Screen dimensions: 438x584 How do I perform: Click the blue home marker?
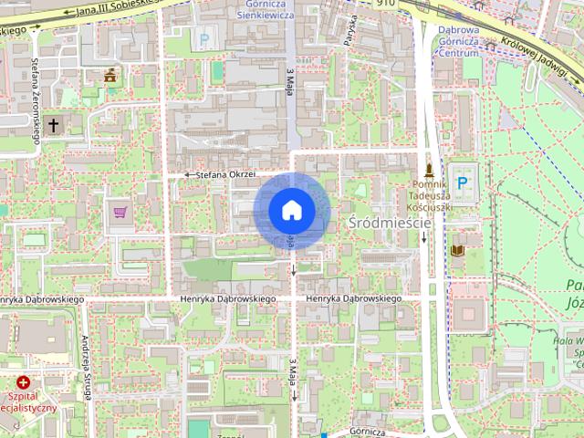point(291,211)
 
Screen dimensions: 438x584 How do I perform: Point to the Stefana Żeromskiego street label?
point(36,100)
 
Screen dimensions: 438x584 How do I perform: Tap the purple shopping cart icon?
point(120,213)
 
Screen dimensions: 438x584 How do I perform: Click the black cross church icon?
point(53,125)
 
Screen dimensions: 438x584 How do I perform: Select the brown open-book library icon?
point(457,250)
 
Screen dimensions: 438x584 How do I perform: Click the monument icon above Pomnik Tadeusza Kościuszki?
point(427,170)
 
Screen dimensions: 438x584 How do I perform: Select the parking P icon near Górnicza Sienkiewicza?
point(203,39)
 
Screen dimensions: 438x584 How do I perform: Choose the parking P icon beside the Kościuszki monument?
point(462,183)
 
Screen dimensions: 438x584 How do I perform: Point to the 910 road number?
point(388,5)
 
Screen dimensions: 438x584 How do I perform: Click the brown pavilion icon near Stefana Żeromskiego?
point(111,75)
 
